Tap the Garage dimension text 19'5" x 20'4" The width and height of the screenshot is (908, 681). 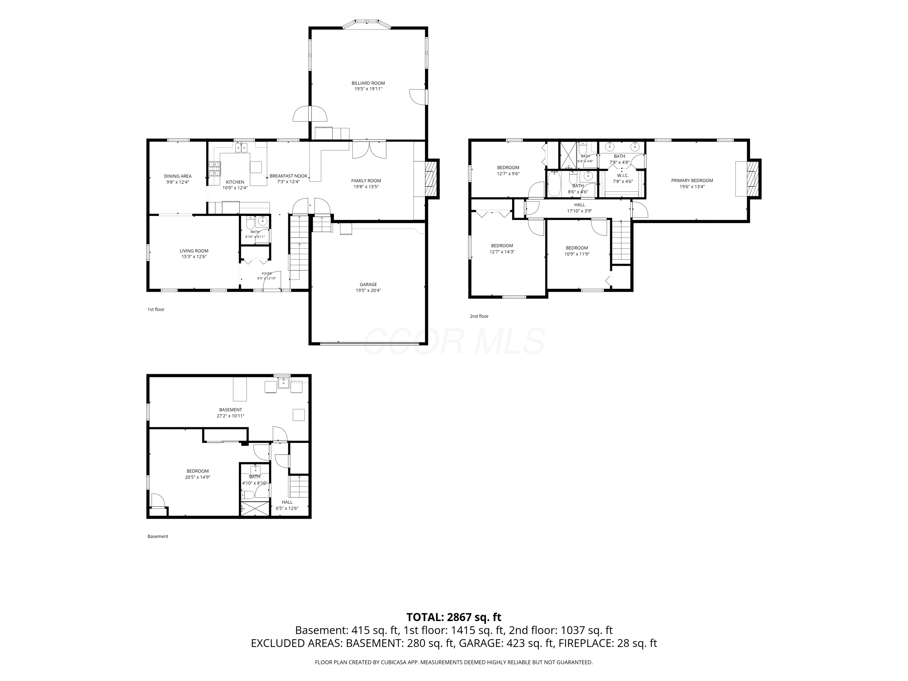point(368,291)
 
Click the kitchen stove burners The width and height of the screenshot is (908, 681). point(214,169)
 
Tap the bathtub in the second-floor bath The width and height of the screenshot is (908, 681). point(554,185)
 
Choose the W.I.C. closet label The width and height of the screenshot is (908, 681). point(623,176)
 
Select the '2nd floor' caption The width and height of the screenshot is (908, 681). point(479,316)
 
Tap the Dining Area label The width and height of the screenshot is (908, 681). point(178,176)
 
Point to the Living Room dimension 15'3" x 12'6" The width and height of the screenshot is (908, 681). point(194,257)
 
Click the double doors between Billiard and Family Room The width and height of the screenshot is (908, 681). point(369,150)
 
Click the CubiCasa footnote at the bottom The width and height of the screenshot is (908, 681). point(454,662)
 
